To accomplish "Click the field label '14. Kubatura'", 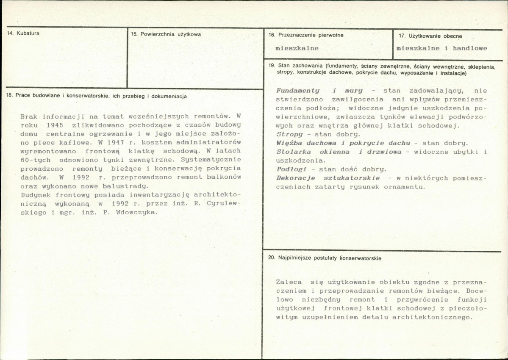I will click(x=24, y=33).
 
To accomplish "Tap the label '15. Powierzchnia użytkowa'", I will click(x=166, y=34).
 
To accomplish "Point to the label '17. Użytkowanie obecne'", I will click(x=430, y=36).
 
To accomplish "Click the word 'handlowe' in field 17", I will click(x=470, y=48).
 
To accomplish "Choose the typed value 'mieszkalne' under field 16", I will click(x=297, y=48).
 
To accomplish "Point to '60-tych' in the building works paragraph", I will click(x=36, y=160).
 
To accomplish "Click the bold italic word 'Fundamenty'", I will click(x=298, y=91).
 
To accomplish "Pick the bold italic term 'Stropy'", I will click(x=289, y=134).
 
